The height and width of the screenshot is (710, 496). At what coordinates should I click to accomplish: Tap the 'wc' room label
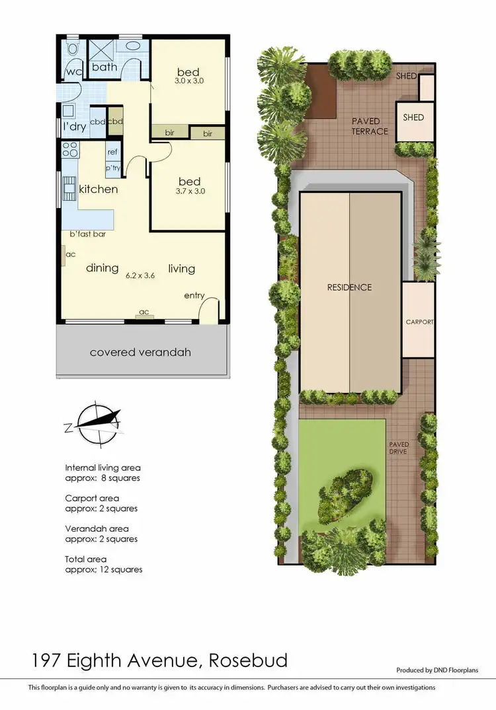[72, 73]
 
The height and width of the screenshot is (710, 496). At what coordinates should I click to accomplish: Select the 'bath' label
[104, 67]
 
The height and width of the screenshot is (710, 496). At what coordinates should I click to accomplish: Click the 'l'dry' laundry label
[74, 127]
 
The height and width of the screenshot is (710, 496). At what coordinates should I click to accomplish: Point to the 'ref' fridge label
[112, 152]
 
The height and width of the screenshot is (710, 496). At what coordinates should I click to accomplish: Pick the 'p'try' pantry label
[113, 168]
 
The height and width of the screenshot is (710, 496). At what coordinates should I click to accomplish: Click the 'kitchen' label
[99, 190]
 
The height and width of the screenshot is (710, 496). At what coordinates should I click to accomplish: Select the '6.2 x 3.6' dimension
[140, 276]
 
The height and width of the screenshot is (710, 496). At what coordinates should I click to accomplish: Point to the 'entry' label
[194, 295]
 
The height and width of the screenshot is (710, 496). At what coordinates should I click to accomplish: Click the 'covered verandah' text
[140, 352]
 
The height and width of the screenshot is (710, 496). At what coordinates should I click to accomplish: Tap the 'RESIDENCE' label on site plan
[350, 287]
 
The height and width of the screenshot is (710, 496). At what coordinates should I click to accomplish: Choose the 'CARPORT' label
[420, 322]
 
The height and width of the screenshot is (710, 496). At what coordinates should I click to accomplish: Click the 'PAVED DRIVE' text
[399, 448]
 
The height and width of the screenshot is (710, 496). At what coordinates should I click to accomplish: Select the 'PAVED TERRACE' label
[370, 126]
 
